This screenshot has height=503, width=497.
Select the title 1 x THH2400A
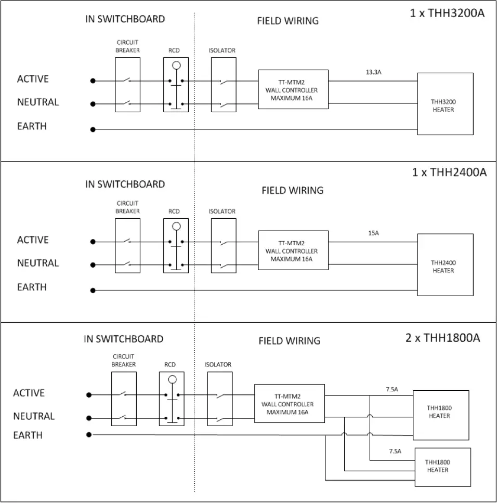pyautogui.click(x=449, y=172)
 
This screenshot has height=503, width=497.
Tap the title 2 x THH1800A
pyautogui.click(x=442, y=338)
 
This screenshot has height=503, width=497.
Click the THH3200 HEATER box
pyautogui.click(x=445, y=104)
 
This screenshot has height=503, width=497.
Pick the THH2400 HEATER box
pyautogui.click(x=445, y=265)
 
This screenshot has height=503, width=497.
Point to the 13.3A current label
pyautogui.click(x=373, y=72)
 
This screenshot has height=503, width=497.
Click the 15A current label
pyautogui.click(x=373, y=233)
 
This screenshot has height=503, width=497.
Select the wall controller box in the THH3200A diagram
pyautogui.click(x=293, y=89)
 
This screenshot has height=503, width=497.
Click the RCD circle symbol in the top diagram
pyautogui.click(x=176, y=66)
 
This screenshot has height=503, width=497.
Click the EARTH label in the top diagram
pyautogui.click(x=32, y=126)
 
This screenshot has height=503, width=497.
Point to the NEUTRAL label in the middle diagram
pyautogui.click(x=38, y=263)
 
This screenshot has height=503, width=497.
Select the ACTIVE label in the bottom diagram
pyautogui.click(x=29, y=393)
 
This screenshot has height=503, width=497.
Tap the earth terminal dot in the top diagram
pyautogui.click(x=93, y=129)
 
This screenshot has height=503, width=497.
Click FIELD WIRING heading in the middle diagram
pyautogui.click(x=292, y=190)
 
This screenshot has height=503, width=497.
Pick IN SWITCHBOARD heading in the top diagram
pyautogui.click(x=125, y=19)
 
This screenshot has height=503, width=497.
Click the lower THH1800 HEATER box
pyautogui.click(x=442, y=466)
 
